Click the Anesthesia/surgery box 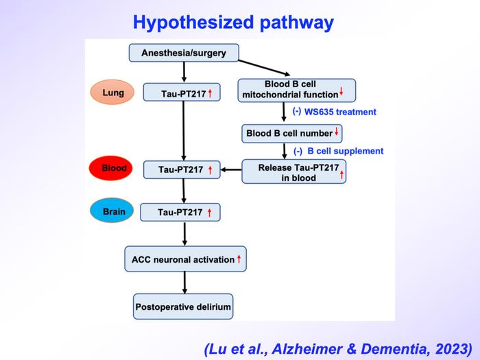(184, 53)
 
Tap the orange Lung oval (112, 92)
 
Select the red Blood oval (111, 168)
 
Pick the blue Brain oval (112, 211)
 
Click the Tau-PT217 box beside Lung (182, 92)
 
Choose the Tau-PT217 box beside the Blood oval (182, 169)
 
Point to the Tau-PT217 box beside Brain (180, 212)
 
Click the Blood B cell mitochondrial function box (297, 91)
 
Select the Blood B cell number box (291, 134)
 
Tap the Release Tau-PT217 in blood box (294, 171)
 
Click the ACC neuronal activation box (186, 259)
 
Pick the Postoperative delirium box (183, 307)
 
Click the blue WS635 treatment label (340, 112)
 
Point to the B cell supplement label (346, 151)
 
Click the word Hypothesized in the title (193, 23)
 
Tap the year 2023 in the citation (454, 348)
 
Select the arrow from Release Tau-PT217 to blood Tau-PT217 (231, 169)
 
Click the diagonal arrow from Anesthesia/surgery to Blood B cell (265, 68)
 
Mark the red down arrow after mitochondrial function (341, 91)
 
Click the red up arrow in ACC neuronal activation (239, 259)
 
